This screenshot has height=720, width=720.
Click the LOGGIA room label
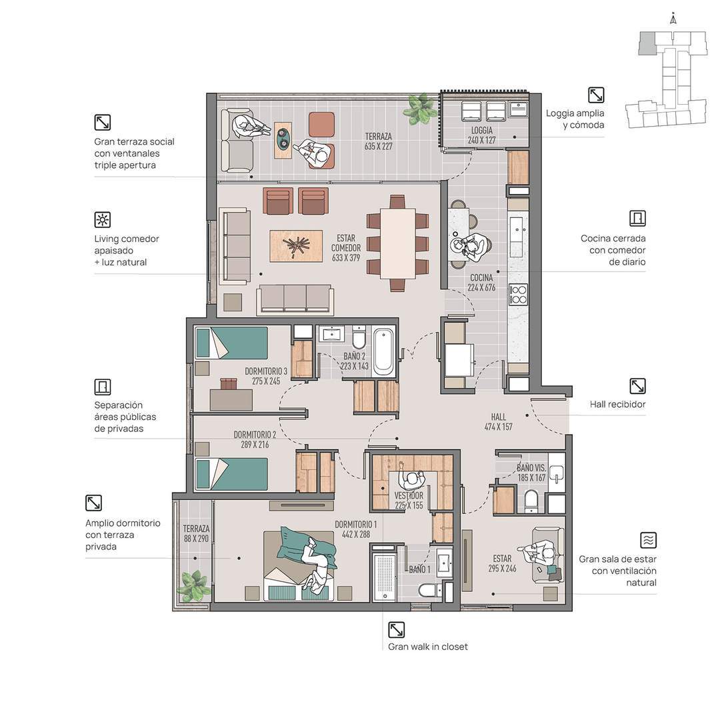tap(482, 131)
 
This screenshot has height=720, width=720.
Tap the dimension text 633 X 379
tap(346, 257)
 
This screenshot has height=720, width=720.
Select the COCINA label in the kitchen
tap(482, 277)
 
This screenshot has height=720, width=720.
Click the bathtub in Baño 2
tap(384, 352)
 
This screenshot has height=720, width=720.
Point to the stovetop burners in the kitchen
tap(519, 295)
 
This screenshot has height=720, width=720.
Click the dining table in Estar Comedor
tap(397, 243)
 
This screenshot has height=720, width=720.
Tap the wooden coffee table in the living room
tap(296, 246)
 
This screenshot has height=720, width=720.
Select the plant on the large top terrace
tap(420, 109)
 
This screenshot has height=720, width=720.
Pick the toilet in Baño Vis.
tap(531, 500)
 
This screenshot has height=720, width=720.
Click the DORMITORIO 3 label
tap(266, 371)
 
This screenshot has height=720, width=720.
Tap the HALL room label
tap(499, 417)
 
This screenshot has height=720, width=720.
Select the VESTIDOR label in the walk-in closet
tap(409, 496)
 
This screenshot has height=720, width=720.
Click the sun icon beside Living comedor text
tap(103, 219)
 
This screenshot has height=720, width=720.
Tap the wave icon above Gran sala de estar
tap(649, 540)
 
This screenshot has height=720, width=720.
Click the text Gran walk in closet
tap(428, 647)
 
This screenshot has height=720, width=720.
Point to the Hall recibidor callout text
tap(617, 404)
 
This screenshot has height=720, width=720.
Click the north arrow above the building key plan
tap(673, 19)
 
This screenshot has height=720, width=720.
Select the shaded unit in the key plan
tap(647, 43)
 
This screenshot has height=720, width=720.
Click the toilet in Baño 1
tap(430, 589)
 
